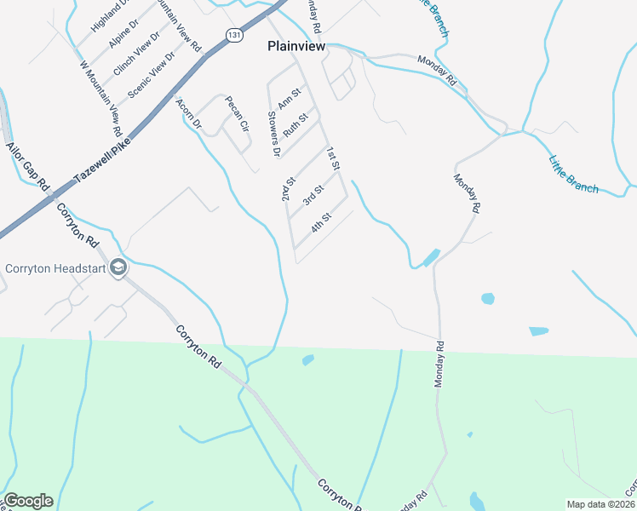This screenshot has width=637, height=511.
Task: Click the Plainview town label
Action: (x=296, y=48)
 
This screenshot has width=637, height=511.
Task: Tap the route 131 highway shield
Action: (x=235, y=33)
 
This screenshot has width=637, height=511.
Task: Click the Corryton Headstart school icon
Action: (x=118, y=268)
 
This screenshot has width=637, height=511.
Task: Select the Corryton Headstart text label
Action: (x=55, y=268)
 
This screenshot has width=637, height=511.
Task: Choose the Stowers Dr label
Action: (x=273, y=135)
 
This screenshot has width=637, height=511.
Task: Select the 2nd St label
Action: (x=289, y=190)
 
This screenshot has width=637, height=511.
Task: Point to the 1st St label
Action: (x=333, y=158)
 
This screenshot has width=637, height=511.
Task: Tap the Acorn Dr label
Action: (x=188, y=113)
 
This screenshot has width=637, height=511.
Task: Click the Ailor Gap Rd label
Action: (x=28, y=166)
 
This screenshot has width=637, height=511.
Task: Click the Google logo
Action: (x=28, y=501)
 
